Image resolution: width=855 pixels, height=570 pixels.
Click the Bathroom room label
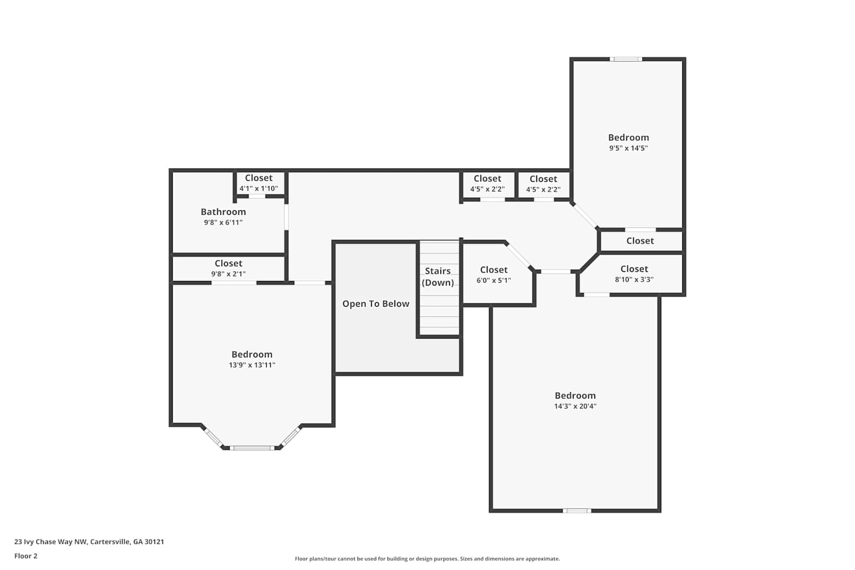223,212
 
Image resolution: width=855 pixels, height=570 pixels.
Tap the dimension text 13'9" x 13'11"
252,365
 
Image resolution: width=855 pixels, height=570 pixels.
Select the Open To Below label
376,304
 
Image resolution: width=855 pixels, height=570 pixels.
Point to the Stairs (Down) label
438,277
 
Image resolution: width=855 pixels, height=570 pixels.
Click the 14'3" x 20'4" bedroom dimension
575,406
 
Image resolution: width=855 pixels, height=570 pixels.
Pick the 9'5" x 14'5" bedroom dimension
628,148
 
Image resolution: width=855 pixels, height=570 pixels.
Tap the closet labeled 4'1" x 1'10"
259,183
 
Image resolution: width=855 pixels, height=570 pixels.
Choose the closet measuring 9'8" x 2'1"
228,268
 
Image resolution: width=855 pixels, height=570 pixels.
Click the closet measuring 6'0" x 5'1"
494,275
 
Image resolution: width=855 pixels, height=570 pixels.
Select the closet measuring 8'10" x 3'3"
634,274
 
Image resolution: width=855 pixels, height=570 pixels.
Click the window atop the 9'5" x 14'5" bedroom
626,59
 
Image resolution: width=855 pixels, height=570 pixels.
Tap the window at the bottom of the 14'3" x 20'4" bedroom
577,511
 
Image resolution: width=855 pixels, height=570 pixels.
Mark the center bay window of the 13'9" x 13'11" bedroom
252,448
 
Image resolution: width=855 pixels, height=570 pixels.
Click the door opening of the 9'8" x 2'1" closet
234,283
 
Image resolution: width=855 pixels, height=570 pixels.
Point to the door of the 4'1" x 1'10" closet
257,197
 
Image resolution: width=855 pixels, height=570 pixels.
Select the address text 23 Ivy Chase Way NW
50,541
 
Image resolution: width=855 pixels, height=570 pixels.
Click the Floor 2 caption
26,556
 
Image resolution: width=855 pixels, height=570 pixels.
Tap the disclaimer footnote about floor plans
427,559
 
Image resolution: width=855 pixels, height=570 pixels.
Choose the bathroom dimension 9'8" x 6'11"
223,222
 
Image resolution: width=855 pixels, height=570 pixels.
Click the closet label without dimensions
640,241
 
